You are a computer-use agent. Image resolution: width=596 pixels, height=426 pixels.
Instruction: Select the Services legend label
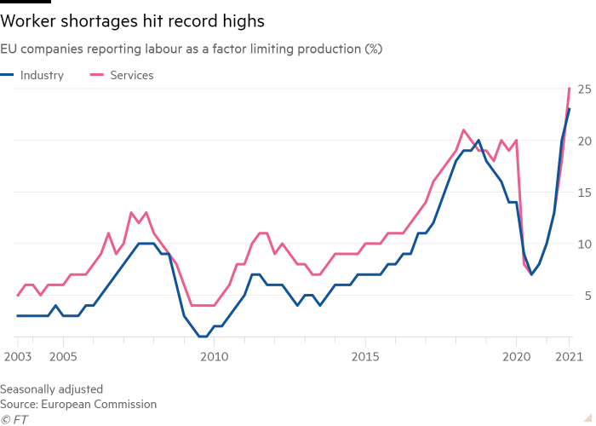coord(132,75)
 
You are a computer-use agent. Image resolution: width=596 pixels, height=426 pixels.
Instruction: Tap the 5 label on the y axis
coord(587,296)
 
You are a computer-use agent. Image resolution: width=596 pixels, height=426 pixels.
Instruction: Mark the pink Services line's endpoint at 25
coord(570,89)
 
